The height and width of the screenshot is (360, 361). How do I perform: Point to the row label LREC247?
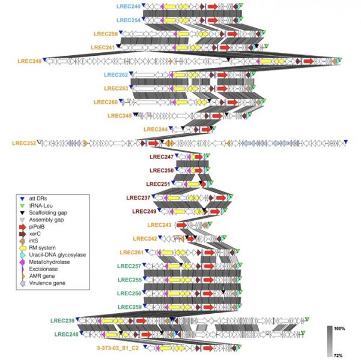click(161, 157)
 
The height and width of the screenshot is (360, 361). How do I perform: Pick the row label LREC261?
click(132, 252)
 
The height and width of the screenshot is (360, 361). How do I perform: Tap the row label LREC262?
click(116, 75)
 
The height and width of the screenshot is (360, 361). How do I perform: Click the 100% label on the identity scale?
click(337, 329)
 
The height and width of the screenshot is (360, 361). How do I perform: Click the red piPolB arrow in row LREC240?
click(213, 5)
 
